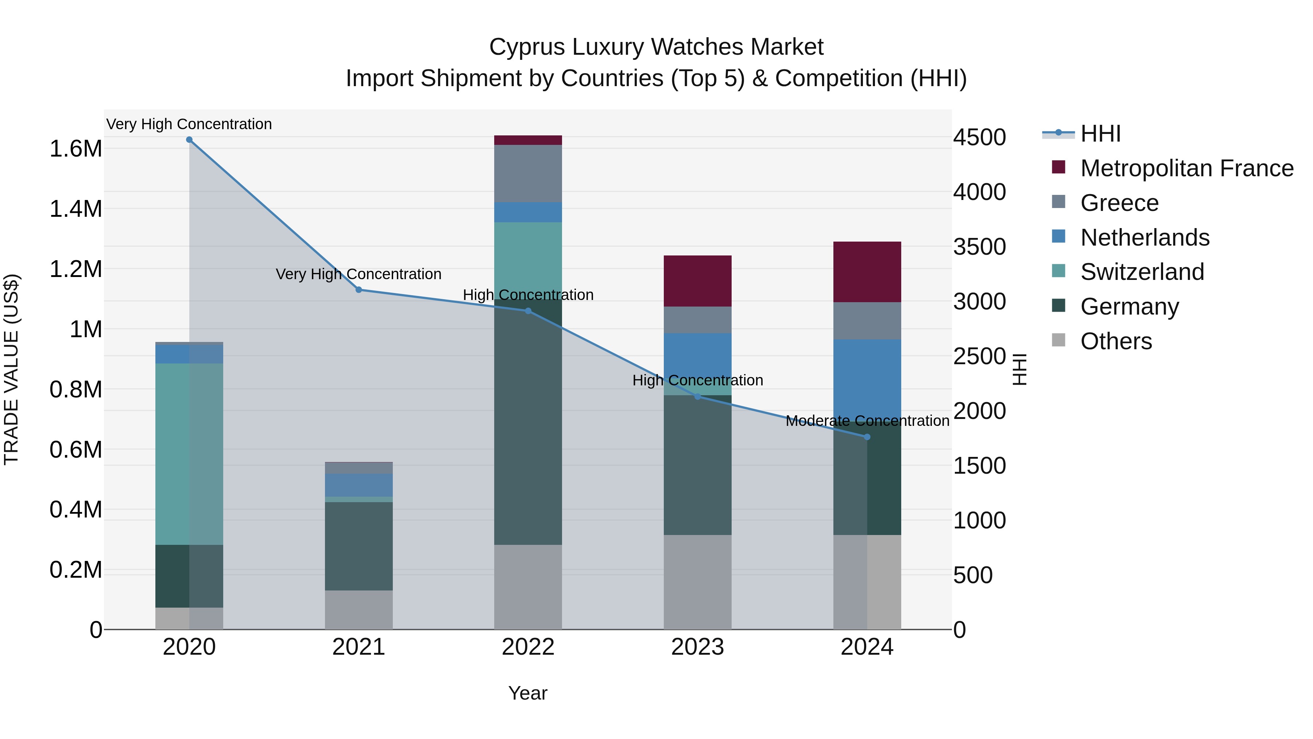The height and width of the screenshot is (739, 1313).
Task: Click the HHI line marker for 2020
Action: [189, 140]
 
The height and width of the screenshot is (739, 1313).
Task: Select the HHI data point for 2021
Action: [358, 290]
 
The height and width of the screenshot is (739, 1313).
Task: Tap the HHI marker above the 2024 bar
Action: [867, 437]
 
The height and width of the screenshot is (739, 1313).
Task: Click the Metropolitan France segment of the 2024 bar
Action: [867, 272]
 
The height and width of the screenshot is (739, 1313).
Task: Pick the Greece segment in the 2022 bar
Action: [528, 173]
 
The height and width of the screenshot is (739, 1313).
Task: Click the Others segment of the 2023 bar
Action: [697, 582]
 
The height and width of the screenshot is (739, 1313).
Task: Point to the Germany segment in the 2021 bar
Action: [358, 546]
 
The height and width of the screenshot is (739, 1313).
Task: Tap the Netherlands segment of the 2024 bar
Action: [867, 380]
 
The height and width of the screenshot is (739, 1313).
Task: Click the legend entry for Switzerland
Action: [1142, 272]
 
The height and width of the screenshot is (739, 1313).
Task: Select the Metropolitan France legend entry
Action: [1186, 168]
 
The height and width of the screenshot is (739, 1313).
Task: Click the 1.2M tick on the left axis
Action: [76, 269]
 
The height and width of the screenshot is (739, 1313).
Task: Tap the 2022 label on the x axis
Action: [528, 647]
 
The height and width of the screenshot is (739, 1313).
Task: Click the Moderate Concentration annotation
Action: [867, 421]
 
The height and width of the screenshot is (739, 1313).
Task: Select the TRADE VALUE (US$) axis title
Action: [12, 369]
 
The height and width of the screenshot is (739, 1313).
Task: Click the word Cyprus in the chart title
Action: [527, 47]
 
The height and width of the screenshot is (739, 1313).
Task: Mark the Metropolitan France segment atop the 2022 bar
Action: [528, 140]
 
